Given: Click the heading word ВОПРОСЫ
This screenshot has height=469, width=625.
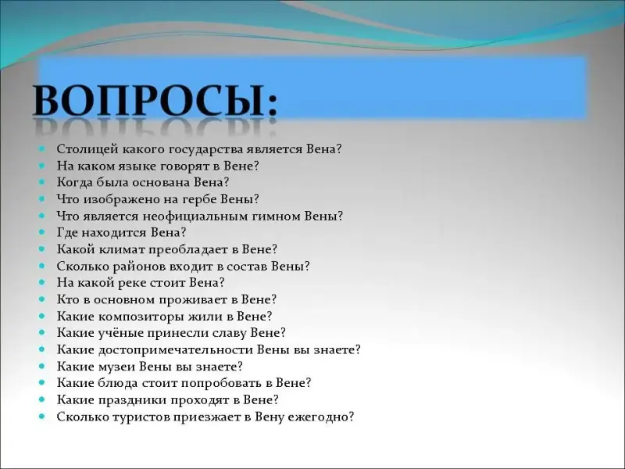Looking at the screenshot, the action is [x=149, y=100].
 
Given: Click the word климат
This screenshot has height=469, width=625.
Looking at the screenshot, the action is [x=124, y=249].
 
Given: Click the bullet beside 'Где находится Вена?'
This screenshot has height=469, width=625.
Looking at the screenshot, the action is [x=42, y=231].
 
